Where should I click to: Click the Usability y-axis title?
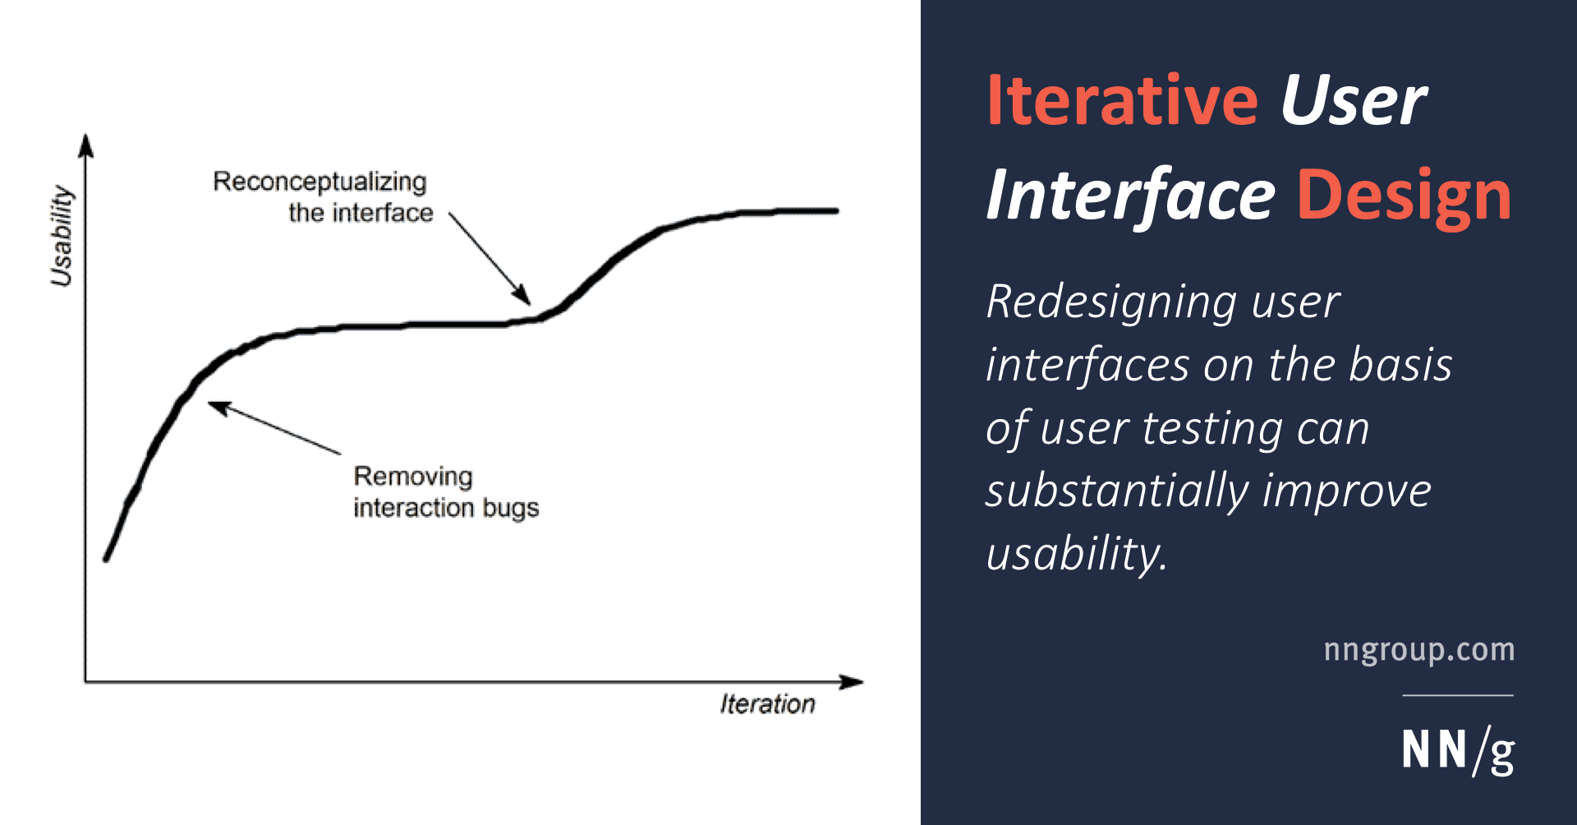click(x=62, y=236)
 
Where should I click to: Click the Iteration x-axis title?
click(x=768, y=704)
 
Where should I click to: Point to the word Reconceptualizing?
click(x=320, y=182)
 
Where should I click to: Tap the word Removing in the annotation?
click(x=413, y=476)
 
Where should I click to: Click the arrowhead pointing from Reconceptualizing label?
click(x=522, y=295)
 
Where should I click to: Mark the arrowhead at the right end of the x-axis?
click(x=851, y=682)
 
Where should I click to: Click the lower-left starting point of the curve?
click(x=106, y=559)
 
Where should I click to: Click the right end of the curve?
click(x=835, y=211)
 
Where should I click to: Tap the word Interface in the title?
click(x=1130, y=196)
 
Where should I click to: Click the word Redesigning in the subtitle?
click(x=1111, y=302)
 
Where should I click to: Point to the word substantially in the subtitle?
click(x=1115, y=491)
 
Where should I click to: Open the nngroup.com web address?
click(x=1419, y=649)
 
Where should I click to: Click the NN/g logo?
click(x=1458, y=750)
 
